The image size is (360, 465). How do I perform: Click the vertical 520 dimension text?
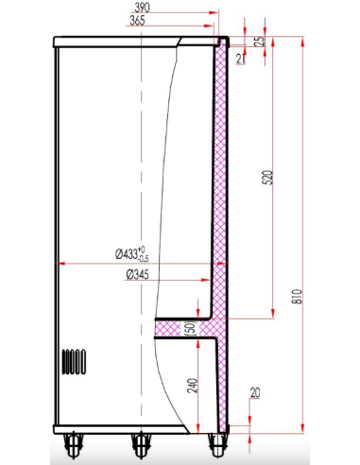click(267, 178)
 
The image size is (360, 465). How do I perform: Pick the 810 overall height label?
click(296, 300)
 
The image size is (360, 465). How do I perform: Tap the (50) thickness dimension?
click(190, 327)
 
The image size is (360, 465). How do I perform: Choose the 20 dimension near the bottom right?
click(255, 395)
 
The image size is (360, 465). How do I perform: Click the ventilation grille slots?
click(75, 361)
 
